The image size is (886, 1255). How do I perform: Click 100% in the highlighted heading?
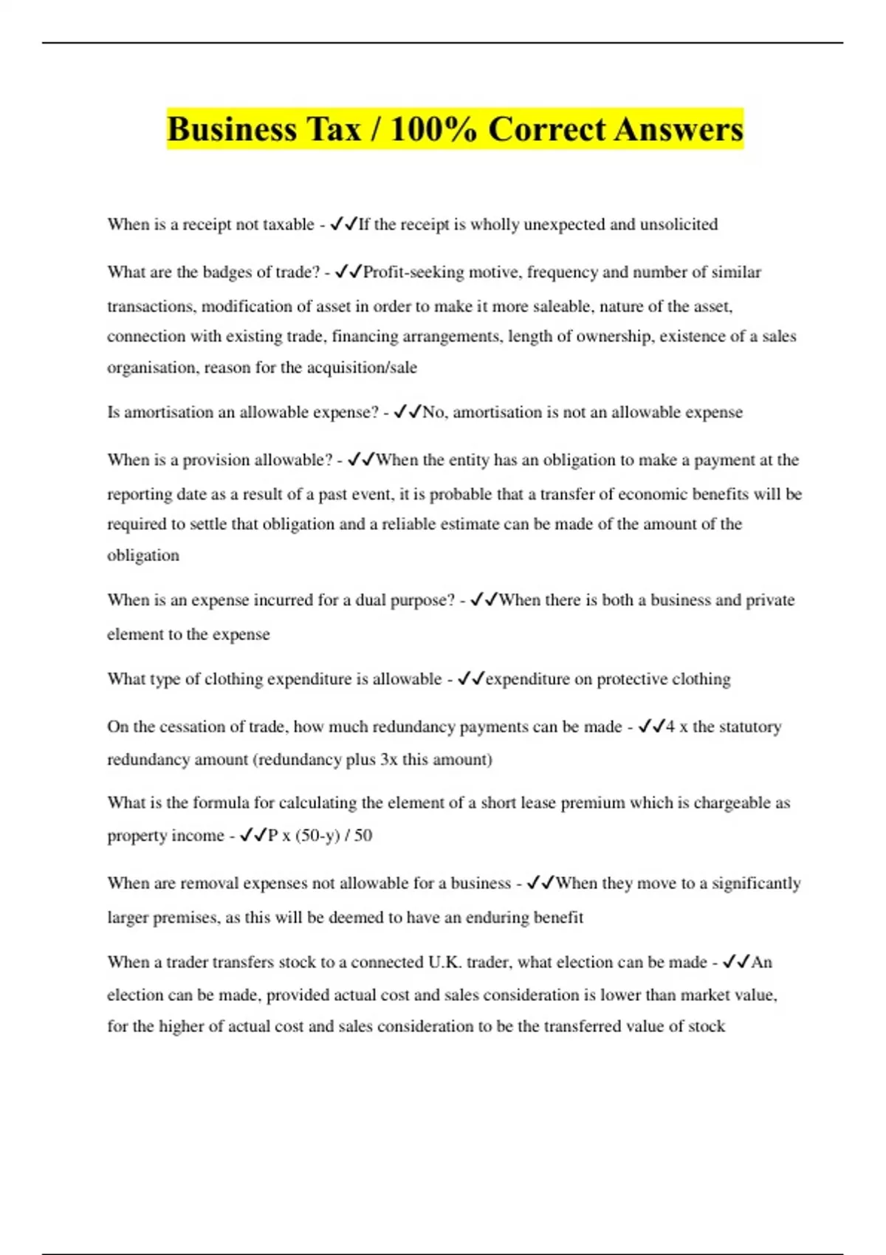click(432, 130)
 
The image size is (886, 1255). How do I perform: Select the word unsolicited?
click(679, 224)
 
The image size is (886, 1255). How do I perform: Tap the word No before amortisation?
click(433, 412)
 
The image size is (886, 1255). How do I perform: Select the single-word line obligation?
click(143, 555)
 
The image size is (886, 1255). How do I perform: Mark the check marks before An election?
click(736, 963)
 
